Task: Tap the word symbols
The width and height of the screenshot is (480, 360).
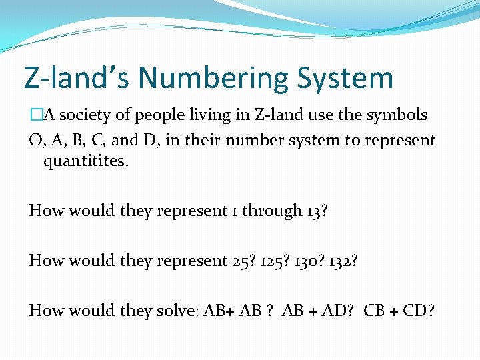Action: click(x=397, y=115)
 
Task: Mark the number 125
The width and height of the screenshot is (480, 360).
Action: click(x=272, y=260)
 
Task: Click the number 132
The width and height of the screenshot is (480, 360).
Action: click(x=344, y=260)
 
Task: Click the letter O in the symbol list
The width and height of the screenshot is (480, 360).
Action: click(x=35, y=141)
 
